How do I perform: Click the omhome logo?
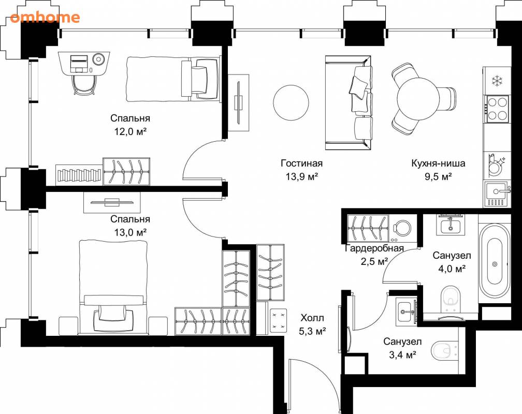click(x=45, y=17)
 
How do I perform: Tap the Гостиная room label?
click(x=301, y=164)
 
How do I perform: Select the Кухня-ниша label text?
click(x=438, y=164)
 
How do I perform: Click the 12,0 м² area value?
click(x=130, y=132)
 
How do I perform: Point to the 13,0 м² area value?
click(x=130, y=232)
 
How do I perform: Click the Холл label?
click(x=312, y=318)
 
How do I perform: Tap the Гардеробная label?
click(x=374, y=248)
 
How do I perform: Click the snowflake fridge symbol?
click(x=497, y=81)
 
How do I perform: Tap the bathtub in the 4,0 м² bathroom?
click(x=495, y=261)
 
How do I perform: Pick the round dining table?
click(x=418, y=99)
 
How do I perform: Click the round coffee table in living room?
click(x=291, y=102)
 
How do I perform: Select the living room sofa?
click(x=349, y=102)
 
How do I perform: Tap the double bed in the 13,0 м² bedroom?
click(x=113, y=287)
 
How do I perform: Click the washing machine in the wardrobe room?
click(x=402, y=229)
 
